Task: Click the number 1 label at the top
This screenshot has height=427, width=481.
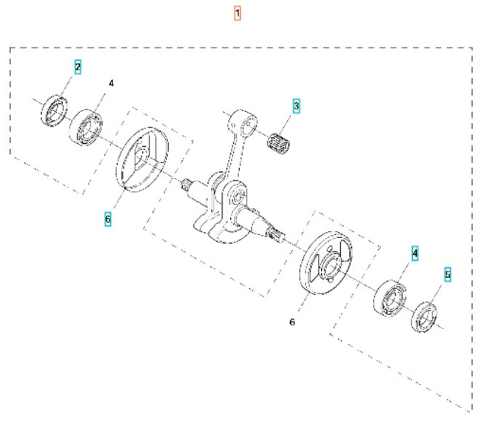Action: tap(238, 13)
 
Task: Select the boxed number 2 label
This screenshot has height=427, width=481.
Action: tap(78, 67)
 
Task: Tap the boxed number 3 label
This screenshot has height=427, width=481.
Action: tap(297, 106)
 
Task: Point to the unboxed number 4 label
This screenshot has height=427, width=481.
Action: tap(111, 84)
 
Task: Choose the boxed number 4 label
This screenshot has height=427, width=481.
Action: tap(415, 254)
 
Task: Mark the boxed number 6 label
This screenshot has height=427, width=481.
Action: tap(108, 219)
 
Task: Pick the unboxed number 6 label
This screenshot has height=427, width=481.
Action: tap(292, 322)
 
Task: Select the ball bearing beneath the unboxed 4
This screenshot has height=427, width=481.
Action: tap(86, 125)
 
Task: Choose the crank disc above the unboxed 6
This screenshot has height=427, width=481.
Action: tap(324, 265)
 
